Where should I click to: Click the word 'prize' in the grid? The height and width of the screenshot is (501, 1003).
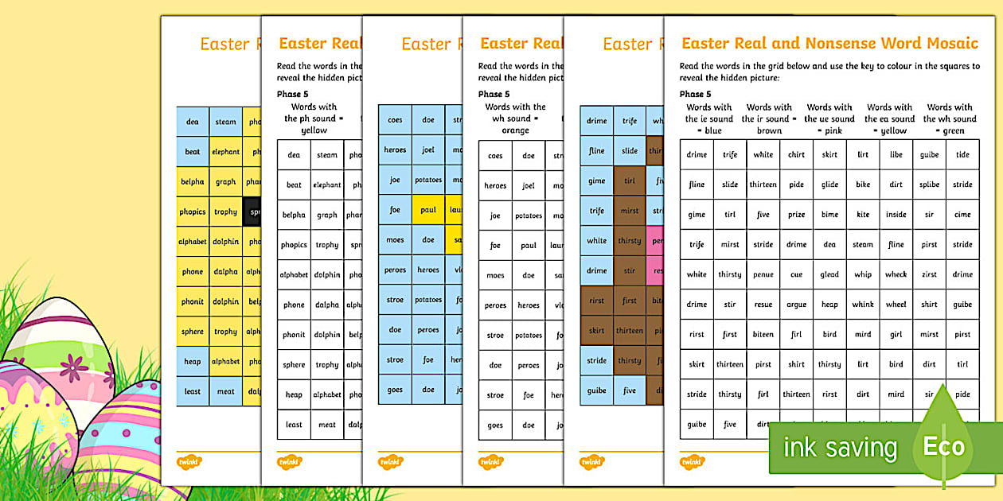pos(796,215)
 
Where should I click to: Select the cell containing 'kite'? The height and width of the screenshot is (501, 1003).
pos(863,215)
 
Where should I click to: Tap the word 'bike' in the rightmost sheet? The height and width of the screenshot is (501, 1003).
pos(863,184)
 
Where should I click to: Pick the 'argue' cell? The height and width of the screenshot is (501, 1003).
pos(796,305)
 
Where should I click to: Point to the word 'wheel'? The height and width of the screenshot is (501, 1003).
pos(896,305)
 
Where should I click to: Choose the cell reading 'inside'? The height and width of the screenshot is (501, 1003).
pos(896,215)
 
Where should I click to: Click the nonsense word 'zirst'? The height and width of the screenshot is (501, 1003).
pos(929,274)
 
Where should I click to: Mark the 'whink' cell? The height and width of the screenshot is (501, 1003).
pos(863,305)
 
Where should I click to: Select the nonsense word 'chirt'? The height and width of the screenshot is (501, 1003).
pos(796,155)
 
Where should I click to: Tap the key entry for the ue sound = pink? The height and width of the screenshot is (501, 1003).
pos(829,118)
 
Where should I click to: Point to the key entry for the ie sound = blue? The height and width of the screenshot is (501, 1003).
pos(708,118)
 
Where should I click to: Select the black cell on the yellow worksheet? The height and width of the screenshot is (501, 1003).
pos(255,212)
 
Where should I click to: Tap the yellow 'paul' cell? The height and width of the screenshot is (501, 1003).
pos(428,210)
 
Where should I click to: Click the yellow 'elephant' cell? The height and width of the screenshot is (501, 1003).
pos(226,151)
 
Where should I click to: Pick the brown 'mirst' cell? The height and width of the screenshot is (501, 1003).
pos(630,211)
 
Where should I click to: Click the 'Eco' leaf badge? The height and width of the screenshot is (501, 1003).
pos(943,445)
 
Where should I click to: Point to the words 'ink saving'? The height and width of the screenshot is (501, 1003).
pos(840,447)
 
